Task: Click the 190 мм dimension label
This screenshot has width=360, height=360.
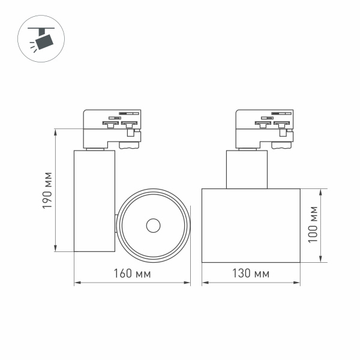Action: (x=48, y=190)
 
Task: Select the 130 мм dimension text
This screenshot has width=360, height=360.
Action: (x=250, y=274)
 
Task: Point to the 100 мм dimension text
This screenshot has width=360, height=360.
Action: (x=311, y=225)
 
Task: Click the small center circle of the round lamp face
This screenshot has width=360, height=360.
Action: (x=153, y=226)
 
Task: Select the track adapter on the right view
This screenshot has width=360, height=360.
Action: (x=264, y=128)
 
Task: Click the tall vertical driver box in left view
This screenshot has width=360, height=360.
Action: (x=94, y=200)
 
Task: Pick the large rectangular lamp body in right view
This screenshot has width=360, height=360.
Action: (x=250, y=226)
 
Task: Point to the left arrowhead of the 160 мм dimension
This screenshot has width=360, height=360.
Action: (x=76, y=283)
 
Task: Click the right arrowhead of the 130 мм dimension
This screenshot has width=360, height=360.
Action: (x=298, y=283)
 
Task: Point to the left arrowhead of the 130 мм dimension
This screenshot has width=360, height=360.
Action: (x=203, y=283)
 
